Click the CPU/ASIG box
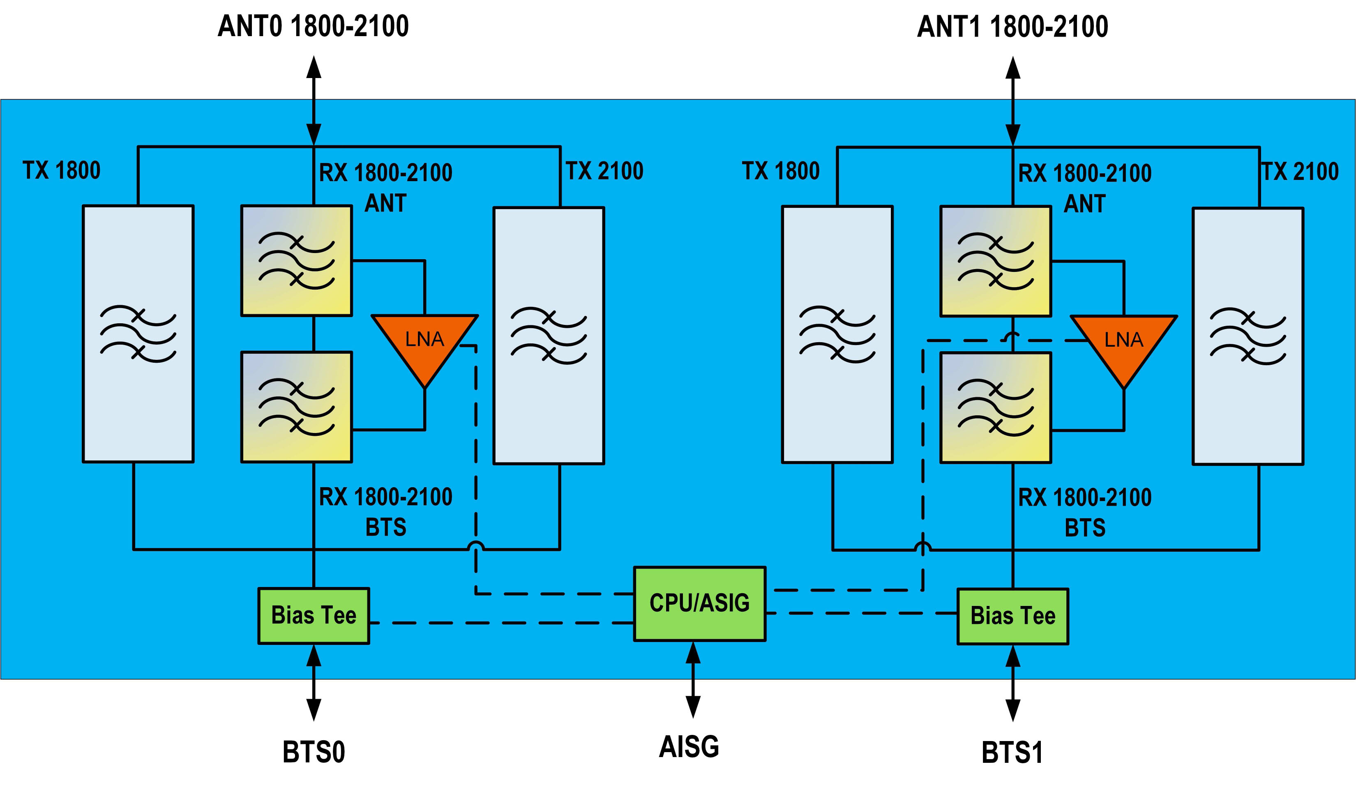tap(699, 603)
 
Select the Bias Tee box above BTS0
tap(314, 615)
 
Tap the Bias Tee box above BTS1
tap(1013, 616)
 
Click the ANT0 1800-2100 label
tap(313, 26)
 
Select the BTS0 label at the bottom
tap(314, 752)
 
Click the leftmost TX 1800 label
tap(61, 170)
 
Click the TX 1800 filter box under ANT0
tap(138, 334)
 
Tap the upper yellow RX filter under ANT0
tap(297, 260)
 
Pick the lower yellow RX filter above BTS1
tap(996, 407)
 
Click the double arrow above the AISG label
tap(693, 679)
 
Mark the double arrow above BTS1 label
tap(1013, 683)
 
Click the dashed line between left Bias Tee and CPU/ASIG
tap(500, 622)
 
